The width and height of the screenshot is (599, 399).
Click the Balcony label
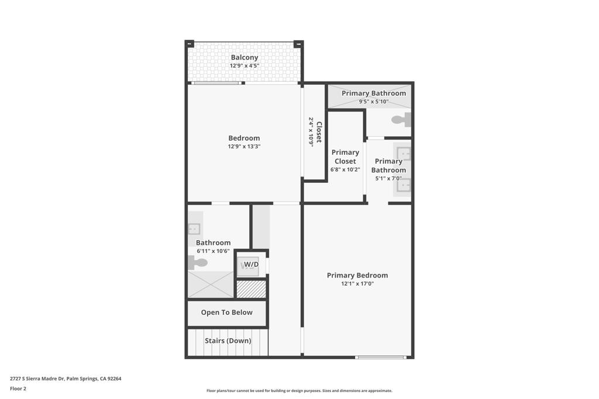[244, 57]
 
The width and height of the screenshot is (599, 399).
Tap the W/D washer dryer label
[251, 265]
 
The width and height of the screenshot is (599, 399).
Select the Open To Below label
[227, 313]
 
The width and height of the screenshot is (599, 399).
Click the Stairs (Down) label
[228, 341]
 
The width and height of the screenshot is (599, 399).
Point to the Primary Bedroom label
[357, 275]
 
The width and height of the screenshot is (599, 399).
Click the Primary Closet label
[345, 157]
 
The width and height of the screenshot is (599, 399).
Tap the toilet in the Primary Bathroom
[401, 120]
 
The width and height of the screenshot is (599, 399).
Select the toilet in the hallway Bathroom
[198, 263]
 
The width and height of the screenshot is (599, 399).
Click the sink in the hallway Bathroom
[194, 228]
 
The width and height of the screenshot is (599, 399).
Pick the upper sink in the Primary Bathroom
[403, 154]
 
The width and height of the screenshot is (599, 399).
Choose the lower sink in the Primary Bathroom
[403, 185]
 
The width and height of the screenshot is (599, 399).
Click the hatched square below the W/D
[251, 289]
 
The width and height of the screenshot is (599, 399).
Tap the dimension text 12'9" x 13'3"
[244, 147]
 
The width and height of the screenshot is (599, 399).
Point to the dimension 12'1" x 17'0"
[357, 284]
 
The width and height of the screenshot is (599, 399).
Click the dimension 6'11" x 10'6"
[213, 251]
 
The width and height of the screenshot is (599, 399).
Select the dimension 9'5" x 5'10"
[373, 102]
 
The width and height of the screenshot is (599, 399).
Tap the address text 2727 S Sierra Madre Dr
[66, 379]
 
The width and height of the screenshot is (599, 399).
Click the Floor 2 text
[18, 388]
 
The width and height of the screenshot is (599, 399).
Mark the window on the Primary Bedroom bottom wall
[381, 357]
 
